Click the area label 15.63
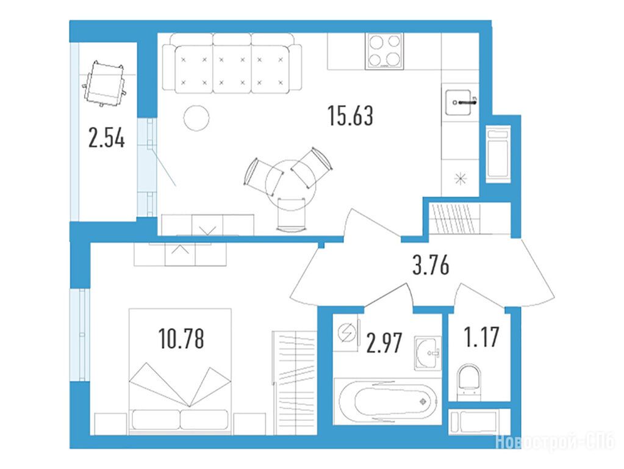point(351,115)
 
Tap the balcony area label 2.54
point(106,139)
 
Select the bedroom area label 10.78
point(181,338)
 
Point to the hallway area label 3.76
point(431,266)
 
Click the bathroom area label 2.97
point(384,343)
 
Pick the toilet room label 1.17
point(481,336)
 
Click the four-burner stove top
point(384,51)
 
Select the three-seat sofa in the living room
point(232,63)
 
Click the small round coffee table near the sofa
point(196,117)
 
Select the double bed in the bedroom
point(180,371)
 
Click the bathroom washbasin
point(428,353)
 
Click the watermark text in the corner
point(554,443)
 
